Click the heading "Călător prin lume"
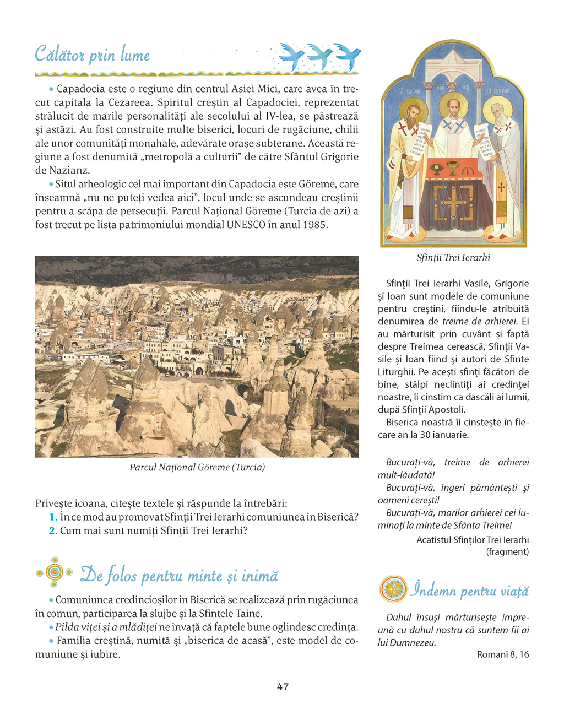click(x=93, y=55)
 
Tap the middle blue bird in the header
click(x=320, y=56)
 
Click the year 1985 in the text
click(x=314, y=225)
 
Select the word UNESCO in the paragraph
click(x=246, y=225)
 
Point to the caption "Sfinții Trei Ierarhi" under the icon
click(x=453, y=258)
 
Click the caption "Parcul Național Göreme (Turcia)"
click(x=197, y=468)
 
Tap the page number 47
click(x=283, y=687)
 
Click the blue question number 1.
click(x=53, y=517)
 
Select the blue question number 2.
click(x=53, y=531)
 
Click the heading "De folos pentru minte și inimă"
click(x=180, y=576)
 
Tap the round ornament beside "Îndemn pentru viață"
click(x=393, y=589)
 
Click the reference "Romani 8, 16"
click(x=503, y=654)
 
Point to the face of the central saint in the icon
click(x=454, y=107)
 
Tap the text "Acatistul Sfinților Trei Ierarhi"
click(x=473, y=540)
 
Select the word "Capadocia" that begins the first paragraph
click(x=79, y=89)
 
